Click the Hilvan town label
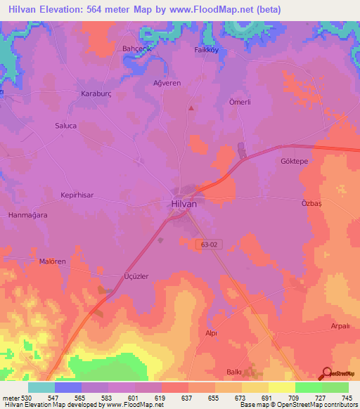[x=184, y=204]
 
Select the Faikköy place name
[x=208, y=50]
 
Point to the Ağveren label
[x=167, y=83]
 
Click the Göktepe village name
[x=295, y=161]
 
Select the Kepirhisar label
[x=77, y=195]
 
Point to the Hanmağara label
[x=27, y=215]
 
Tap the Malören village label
[x=52, y=261]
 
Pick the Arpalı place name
[x=340, y=327]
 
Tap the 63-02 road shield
[x=207, y=243]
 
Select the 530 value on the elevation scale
[x=27, y=397]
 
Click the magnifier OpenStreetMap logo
[x=327, y=373]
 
